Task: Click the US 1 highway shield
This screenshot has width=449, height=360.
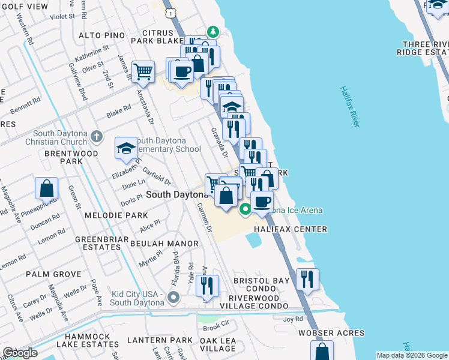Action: point(172,12)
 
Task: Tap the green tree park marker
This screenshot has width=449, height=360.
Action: point(211,31)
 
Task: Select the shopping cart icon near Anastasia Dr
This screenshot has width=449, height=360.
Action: point(143,72)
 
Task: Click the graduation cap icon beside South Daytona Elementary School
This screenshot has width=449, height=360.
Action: point(126,147)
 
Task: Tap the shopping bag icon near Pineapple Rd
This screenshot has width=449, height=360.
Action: point(46,188)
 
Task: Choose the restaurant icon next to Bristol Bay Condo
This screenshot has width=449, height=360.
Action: point(307,278)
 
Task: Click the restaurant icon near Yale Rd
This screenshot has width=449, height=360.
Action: point(206,285)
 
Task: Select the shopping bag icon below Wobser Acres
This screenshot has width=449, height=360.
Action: point(322,350)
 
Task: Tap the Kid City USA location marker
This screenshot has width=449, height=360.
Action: point(173,297)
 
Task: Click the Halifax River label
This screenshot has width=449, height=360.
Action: point(349,106)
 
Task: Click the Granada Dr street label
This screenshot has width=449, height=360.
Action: point(218,142)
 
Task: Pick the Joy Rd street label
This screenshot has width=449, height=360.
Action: point(293,320)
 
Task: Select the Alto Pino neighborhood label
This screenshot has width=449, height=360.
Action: point(103,35)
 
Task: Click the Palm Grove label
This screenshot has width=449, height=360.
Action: point(53,274)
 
